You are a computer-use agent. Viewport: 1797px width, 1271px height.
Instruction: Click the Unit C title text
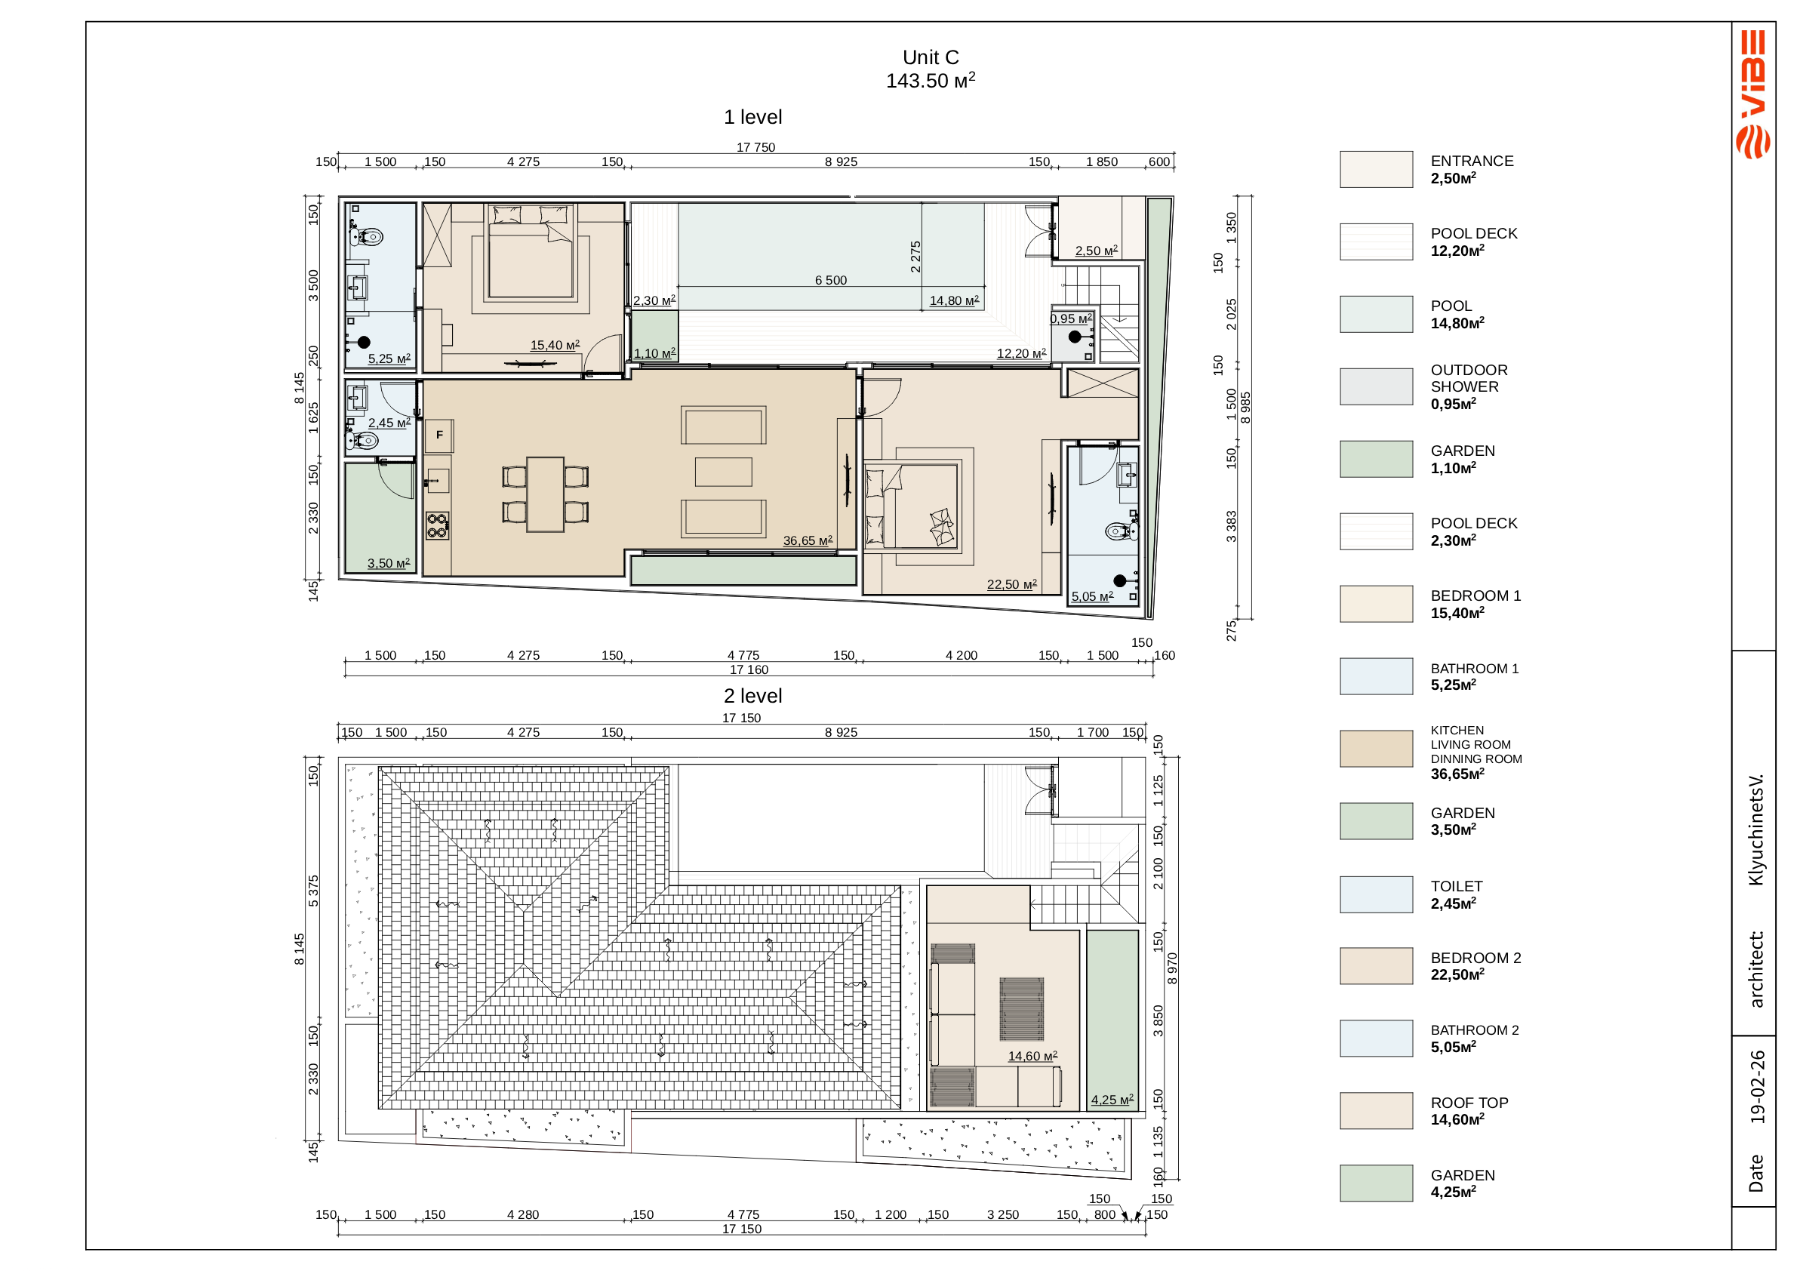click(931, 57)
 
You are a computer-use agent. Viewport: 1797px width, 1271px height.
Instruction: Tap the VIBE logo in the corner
click(1753, 94)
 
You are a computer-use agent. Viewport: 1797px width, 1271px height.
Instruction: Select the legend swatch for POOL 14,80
click(1376, 314)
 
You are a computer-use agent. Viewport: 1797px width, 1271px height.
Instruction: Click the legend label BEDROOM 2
click(1475, 958)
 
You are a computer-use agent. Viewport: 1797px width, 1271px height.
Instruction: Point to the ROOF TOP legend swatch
click(1376, 1110)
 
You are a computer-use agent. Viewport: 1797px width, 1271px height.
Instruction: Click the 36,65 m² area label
click(808, 541)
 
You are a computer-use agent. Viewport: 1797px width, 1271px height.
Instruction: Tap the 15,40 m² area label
click(555, 345)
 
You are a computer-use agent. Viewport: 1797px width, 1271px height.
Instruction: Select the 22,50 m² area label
click(1012, 585)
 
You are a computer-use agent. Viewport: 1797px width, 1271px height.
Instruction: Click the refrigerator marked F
click(439, 435)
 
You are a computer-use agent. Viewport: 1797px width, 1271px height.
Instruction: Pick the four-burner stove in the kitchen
click(438, 526)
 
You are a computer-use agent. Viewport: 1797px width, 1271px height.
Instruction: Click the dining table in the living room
click(546, 494)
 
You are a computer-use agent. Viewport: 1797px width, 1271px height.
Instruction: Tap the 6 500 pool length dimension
click(830, 280)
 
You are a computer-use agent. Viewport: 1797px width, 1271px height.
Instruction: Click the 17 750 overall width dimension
click(755, 147)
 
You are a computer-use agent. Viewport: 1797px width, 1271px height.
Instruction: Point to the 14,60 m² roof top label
click(1032, 1057)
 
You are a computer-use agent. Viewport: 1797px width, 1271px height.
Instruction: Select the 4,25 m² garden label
click(1112, 1100)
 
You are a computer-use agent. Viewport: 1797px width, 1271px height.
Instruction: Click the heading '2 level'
click(753, 696)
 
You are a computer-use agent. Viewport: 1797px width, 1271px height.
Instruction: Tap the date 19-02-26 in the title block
click(1758, 1088)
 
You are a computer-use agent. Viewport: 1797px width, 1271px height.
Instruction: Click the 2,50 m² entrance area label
click(1096, 251)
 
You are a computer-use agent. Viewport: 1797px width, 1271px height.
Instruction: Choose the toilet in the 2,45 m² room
click(363, 441)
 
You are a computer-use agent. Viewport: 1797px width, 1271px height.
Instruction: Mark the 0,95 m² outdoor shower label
click(1071, 319)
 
